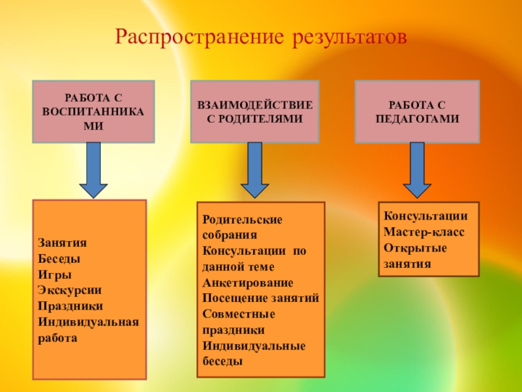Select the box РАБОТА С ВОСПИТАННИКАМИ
pos(94,112)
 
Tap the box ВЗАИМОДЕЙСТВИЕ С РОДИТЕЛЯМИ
pos(254,112)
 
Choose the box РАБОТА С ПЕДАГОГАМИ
pos(417,112)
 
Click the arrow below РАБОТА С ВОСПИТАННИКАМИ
pos(94,170)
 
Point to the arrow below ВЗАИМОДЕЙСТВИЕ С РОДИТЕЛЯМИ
pos(255,170)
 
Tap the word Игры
pos(54,274)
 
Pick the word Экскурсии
pos(70,289)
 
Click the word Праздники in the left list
pos(70,306)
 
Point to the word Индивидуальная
pos(88,321)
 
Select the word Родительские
pos(243,220)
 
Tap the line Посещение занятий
pos(261,298)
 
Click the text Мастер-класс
pos(424,232)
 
